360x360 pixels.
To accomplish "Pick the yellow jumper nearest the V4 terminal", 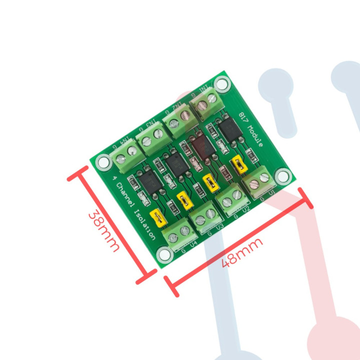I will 159,218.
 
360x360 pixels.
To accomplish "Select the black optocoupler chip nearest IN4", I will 149,181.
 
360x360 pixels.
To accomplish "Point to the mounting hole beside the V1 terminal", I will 283,175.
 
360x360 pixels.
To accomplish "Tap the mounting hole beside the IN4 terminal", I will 103,161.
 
